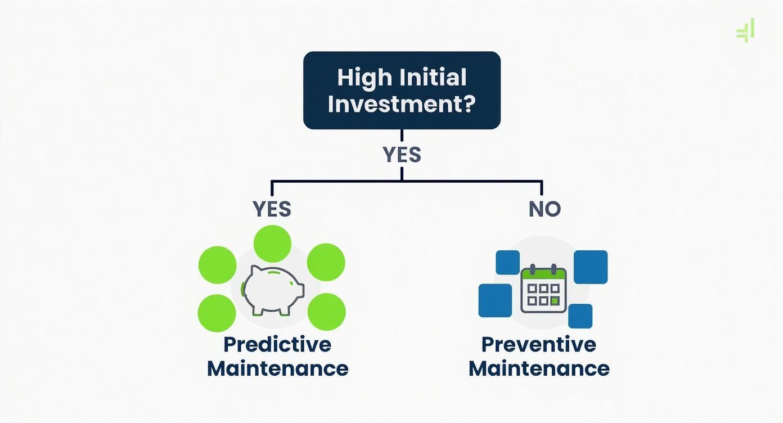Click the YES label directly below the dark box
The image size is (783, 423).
[402, 155]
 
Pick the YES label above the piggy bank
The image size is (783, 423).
[272, 209]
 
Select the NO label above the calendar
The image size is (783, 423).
[544, 209]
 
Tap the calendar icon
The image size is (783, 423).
[543, 289]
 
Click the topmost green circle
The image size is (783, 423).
[272, 244]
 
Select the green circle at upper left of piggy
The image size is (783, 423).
[218, 265]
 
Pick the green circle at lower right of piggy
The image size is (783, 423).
[327, 312]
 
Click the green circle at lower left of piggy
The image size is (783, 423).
[217, 313]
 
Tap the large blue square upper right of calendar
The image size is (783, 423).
[591, 267]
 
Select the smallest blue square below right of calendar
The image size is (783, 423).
[580, 316]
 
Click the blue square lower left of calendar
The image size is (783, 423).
[495, 300]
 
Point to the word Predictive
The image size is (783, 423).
[277, 344]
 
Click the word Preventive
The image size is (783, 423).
[539, 344]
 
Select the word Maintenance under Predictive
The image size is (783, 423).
[277, 369]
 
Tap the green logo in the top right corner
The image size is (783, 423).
[746, 30]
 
